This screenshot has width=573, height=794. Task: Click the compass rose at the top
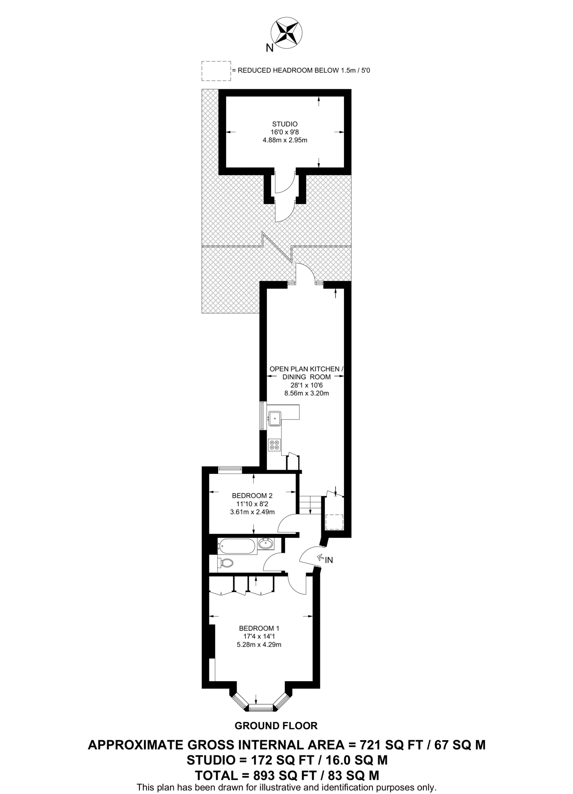(286, 33)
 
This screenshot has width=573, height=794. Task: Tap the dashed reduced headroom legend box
(216, 71)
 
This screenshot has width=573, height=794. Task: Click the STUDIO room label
(285, 124)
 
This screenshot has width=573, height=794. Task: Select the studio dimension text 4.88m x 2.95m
(285, 140)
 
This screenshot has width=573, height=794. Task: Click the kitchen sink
(275, 418)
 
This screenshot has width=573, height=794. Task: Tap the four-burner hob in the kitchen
(275, 444)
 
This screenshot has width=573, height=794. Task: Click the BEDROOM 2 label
(252, 495)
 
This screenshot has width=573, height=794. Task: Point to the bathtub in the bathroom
(236, 547)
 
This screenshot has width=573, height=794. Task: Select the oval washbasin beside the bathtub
(266, 544)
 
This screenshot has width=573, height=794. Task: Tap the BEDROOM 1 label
(259, 628)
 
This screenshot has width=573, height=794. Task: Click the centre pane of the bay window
(261, 708)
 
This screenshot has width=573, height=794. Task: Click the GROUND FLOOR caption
(276, 726)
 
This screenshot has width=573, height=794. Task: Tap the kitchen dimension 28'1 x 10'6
(306, 385)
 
